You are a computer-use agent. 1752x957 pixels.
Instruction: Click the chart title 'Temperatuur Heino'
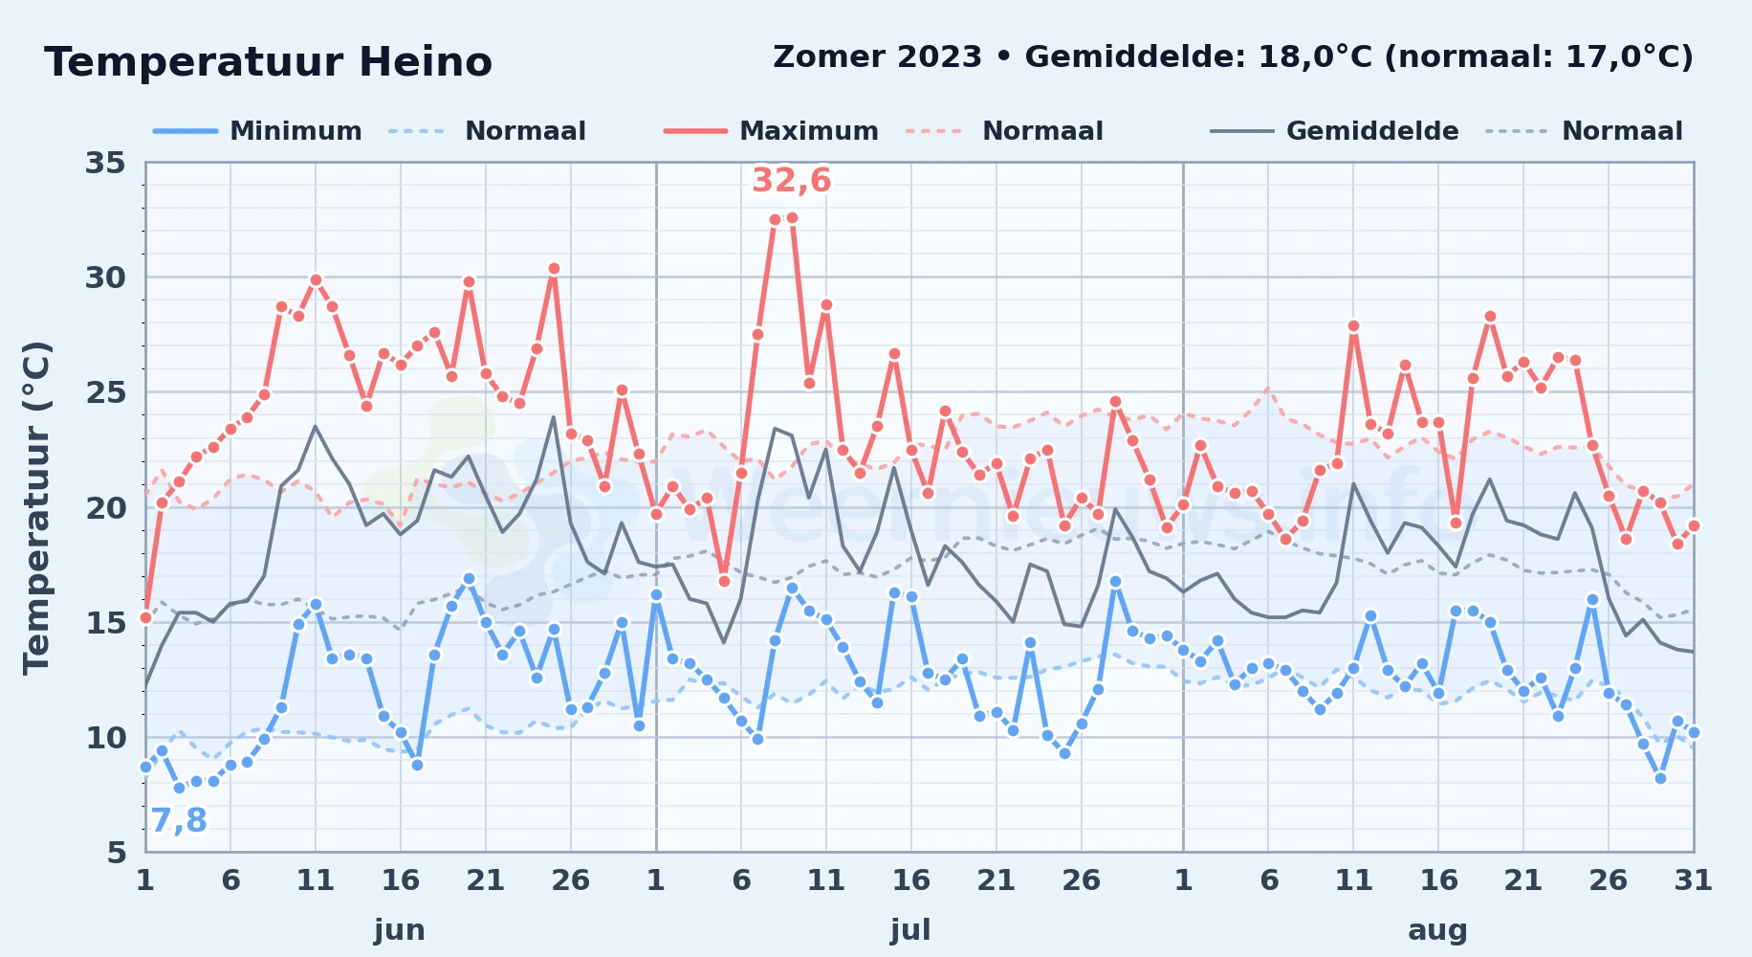[x=268, y=62]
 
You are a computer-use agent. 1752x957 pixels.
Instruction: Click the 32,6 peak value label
[x=792, y=180]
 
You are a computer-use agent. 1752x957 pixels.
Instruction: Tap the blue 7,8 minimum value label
[x=179, y=820]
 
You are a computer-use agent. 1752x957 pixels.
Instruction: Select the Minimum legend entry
[x=257, y=131]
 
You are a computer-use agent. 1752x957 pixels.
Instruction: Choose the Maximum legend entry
[x=771, y=131]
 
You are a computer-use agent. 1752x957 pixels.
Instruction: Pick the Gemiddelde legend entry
[x=1334, y=131]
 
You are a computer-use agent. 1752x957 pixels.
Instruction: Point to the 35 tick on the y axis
[x=105, y=163]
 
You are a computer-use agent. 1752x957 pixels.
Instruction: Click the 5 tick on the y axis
[x=117, y=852]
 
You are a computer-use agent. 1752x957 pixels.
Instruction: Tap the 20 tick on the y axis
[x=105, y=507]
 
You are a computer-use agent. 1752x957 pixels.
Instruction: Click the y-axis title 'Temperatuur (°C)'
[x=36, y=507]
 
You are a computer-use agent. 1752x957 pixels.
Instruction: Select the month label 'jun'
[x=400, y=929]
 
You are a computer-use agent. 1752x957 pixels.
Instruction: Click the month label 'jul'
[x=910, y=929]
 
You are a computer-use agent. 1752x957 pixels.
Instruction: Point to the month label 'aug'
[x=1437, y=930]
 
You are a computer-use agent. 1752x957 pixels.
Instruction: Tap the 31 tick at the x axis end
[x=1693, y=879]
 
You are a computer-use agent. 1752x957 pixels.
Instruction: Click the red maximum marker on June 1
[x=145, y=617]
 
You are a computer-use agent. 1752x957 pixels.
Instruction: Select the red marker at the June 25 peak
[x=554, y=269]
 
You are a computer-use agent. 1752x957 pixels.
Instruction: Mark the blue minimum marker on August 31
[x=1694, y=732]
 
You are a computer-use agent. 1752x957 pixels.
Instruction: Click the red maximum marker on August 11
[x=1353, y=326]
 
